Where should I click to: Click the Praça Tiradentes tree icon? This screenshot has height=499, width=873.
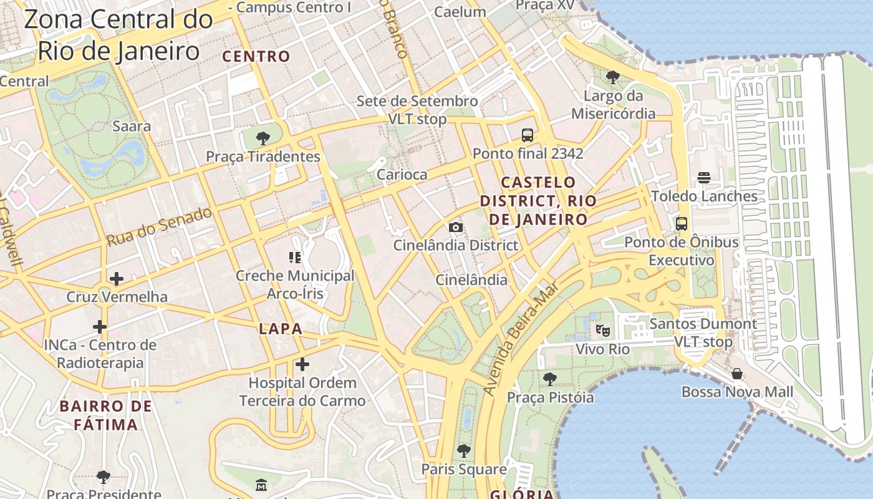click(263, 138)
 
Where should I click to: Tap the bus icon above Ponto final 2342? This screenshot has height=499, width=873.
click(528, 135)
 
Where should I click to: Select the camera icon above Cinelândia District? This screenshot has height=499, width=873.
click(456, 227)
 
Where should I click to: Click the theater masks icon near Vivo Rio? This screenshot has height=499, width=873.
click(602, 330)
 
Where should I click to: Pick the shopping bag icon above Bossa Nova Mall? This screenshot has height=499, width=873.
click(737, 374)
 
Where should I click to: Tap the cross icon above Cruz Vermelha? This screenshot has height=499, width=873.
click(117, 279)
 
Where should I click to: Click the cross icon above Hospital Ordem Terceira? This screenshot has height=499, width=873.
click(302, 364)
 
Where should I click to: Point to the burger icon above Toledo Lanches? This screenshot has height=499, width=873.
click(704, 178)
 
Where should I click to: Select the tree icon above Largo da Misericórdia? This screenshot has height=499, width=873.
click(613, 77)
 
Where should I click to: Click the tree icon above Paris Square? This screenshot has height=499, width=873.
click(463, 450)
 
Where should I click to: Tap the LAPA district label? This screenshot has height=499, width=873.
click(280, 329)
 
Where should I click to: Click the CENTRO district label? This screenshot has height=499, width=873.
click(256, 56)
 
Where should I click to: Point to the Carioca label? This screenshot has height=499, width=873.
click(402, 175)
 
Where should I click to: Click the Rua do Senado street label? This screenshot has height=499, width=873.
click(159, 226)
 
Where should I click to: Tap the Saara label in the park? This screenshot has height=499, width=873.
click(132, 126)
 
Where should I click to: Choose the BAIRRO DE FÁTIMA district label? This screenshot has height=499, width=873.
click(105, 415)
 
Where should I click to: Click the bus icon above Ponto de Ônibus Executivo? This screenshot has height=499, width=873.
click(682, 223)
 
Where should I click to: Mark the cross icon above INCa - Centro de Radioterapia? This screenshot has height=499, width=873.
click(100, 327)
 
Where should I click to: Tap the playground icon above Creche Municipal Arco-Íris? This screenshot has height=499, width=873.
click(295, 257)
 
